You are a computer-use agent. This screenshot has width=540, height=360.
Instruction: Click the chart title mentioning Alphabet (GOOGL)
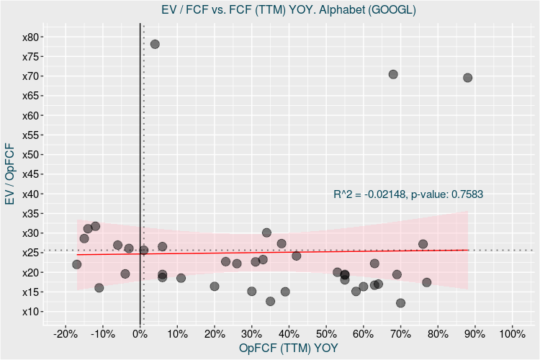coord(288,9)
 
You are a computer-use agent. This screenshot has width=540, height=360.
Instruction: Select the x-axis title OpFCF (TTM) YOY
coord(288,348)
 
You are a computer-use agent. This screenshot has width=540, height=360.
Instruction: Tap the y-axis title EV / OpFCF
coord(10,174)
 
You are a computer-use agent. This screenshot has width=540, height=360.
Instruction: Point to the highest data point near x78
coord(155,44)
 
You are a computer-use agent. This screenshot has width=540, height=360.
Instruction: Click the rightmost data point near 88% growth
coord(467,78)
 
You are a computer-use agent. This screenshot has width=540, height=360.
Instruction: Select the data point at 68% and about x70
coord(393,74)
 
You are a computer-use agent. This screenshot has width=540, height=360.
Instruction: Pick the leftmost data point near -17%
coord(77,264)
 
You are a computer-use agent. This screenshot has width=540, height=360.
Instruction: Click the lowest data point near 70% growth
coord(400,303)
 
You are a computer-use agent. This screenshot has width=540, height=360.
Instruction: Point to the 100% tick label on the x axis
coord(511,333)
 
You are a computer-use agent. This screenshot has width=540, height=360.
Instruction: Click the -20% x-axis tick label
coord(66,333)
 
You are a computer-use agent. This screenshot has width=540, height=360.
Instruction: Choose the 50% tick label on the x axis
coord(325,333)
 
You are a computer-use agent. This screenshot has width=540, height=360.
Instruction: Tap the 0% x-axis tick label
coord(140,333)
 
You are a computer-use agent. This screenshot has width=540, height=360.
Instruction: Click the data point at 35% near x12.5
coord(270,302)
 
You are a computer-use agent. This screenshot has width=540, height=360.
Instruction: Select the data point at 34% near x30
coord(266,233)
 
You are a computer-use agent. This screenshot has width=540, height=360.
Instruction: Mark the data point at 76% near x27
coord(423,244)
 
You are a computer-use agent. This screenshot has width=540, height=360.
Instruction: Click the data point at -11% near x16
coord(99,288)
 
